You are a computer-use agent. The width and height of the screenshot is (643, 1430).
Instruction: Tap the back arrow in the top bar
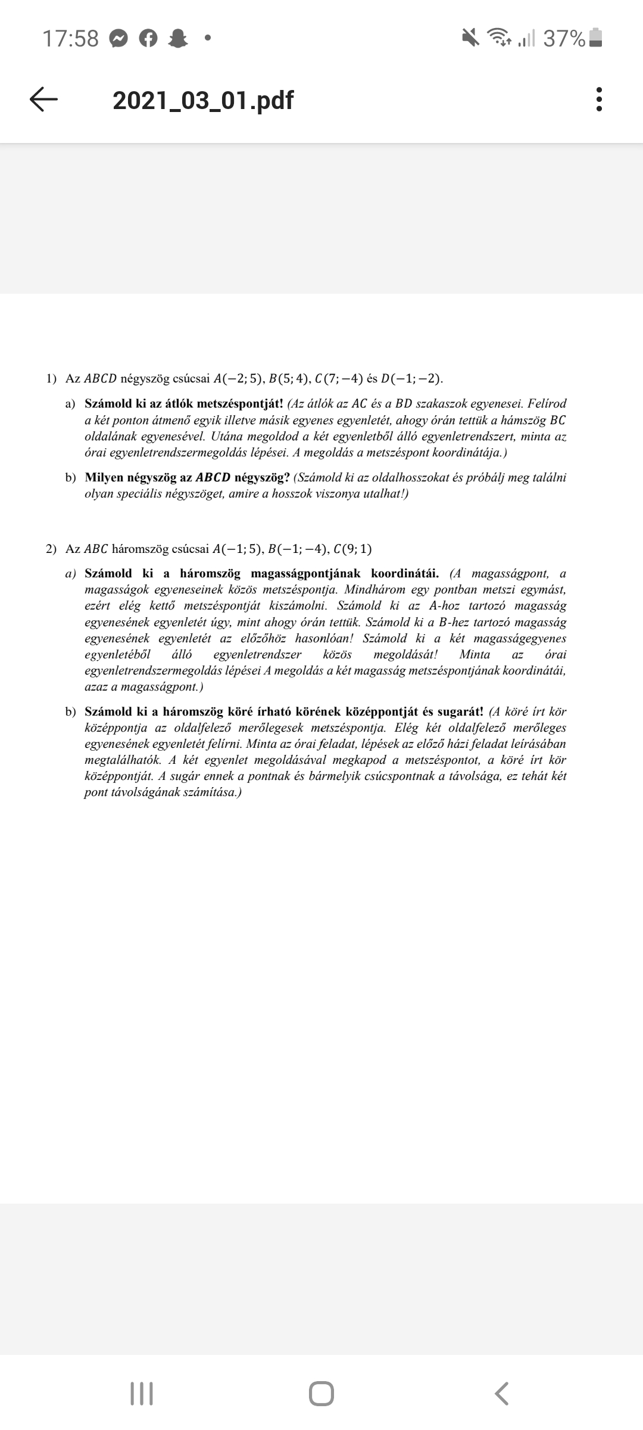click(x=43, y=100)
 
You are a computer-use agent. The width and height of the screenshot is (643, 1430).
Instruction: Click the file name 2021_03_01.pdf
click(x=202, y=100)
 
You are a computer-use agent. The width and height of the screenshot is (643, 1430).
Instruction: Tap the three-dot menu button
click(x=599, y=100)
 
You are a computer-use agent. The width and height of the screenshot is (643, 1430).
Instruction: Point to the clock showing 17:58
click(x=70, y=39)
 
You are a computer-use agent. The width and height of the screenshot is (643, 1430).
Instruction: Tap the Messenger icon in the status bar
click(x=119, y=39)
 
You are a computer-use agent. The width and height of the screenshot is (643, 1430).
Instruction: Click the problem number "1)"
click(x=51, y=378)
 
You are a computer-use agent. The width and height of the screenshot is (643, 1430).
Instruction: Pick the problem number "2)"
click(x=51, y=548)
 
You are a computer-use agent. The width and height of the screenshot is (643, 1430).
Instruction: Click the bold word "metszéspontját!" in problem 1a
click(x=239, y=403)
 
